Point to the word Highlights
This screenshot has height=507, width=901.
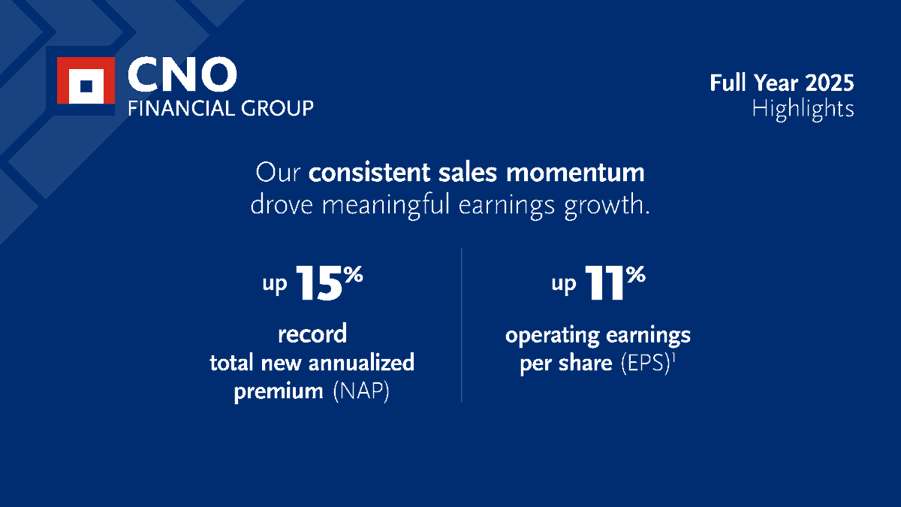pyautogui.click(x=803, y=110)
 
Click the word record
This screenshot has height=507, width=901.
pyautogui.click(x=312, y=333)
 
